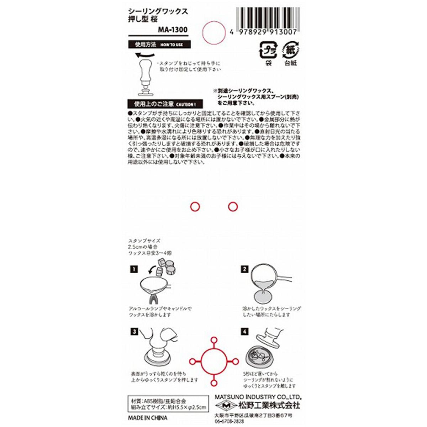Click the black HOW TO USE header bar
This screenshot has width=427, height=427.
coord(159,45)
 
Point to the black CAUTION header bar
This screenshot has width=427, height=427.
coord(164,104)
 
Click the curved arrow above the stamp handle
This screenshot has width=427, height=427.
coord(145,55)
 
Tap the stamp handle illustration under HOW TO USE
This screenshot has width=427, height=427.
coord(145,78)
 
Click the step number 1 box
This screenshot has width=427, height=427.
coord(133,269)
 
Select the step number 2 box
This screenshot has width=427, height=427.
coord(244,269)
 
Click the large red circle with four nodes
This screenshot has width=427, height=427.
coord(213,361)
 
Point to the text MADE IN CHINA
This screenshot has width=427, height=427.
coord(147,418)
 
